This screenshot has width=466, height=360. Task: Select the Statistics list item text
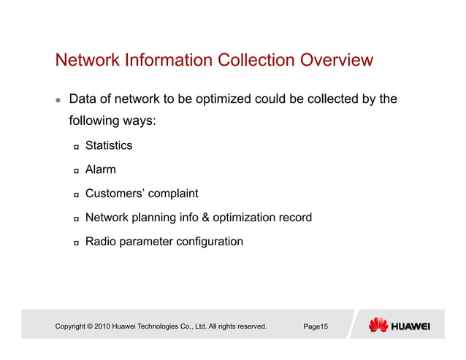(x=109, y=145)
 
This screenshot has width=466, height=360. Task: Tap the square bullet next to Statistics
(x=76, y=147)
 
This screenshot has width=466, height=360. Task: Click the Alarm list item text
(x=100, y=169)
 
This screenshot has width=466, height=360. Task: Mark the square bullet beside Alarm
(x=76, y=171)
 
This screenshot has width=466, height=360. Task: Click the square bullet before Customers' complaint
(x=76, y=195)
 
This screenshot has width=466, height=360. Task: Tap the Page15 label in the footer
(x=316, y=326)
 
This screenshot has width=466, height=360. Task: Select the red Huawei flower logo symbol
(x=378, y=325)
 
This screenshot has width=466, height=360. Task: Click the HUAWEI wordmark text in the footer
(x=410, y=326)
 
